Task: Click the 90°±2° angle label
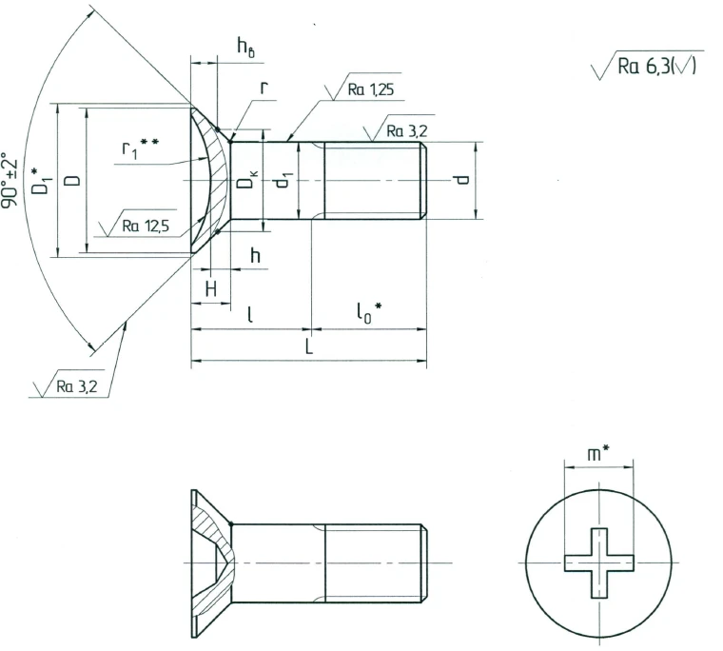[11, 180]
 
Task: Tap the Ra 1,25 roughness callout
[368, 90]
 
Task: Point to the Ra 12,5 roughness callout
[147, 227]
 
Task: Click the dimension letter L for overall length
[309, 349]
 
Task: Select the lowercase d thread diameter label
[461, 180]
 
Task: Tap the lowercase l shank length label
[250, 315]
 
